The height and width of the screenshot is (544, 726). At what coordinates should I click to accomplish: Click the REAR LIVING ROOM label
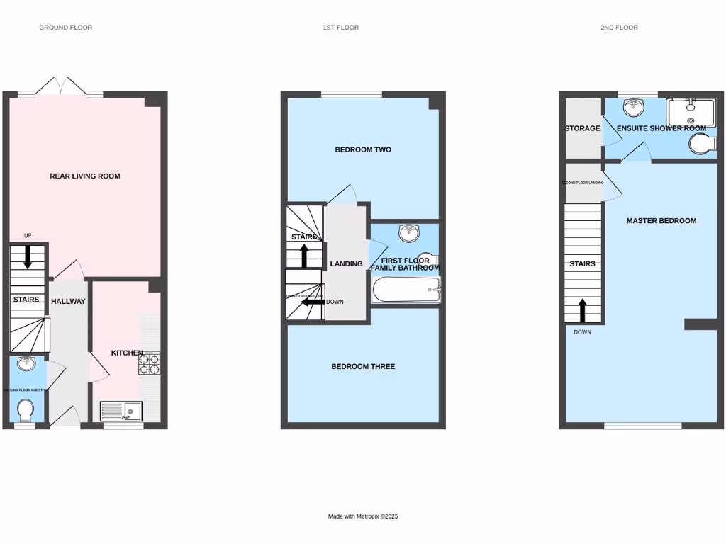pyautogui.click(x=84, y=176)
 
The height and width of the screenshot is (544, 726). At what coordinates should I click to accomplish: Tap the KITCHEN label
pyautogui.click(x=127, y=353)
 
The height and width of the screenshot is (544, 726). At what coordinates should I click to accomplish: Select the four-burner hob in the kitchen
pyautogui.click(x=149, y=363)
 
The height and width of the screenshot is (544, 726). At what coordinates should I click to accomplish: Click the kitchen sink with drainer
pyautogui.click(x=121, y=411)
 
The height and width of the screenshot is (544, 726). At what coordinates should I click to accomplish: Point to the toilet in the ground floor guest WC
pyautogui.click(x=25, y=410)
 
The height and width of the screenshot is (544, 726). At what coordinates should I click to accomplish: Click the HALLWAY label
pyautogui.click(x=68, y=301)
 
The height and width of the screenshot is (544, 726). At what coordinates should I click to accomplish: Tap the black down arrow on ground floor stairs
pyautogui.click(x=28, y=256)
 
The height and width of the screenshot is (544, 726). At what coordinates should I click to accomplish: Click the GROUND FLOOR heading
pyautogui.click(x=65, y=28)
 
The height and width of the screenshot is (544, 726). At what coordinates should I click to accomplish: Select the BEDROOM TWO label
pyautogui.click(x=363, y=149)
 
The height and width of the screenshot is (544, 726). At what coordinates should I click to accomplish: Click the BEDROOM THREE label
pyautogui.click(x=363, y=366)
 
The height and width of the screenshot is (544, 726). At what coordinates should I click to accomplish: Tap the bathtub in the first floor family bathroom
pyautogui.click(x=406, y=290)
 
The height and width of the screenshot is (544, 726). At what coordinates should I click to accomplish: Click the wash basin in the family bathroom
pyautogui.click(x=407, y=233)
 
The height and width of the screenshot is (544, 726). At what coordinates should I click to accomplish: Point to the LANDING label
pyautogui.click(x=346, y=263)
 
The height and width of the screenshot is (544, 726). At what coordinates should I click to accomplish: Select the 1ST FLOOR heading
pyautogui.click(x=340, y=28)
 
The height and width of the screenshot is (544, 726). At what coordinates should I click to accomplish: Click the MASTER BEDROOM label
pyautogui.click(x=661, y=220)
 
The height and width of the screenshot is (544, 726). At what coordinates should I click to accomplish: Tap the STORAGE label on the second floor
pyautogui.click(x=582, y=128)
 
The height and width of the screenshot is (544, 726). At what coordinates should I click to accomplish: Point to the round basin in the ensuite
pyautogui.click(x=632, y=107)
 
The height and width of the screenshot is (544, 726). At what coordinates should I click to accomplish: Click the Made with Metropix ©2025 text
pyautogui.click(x=363, y=516)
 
